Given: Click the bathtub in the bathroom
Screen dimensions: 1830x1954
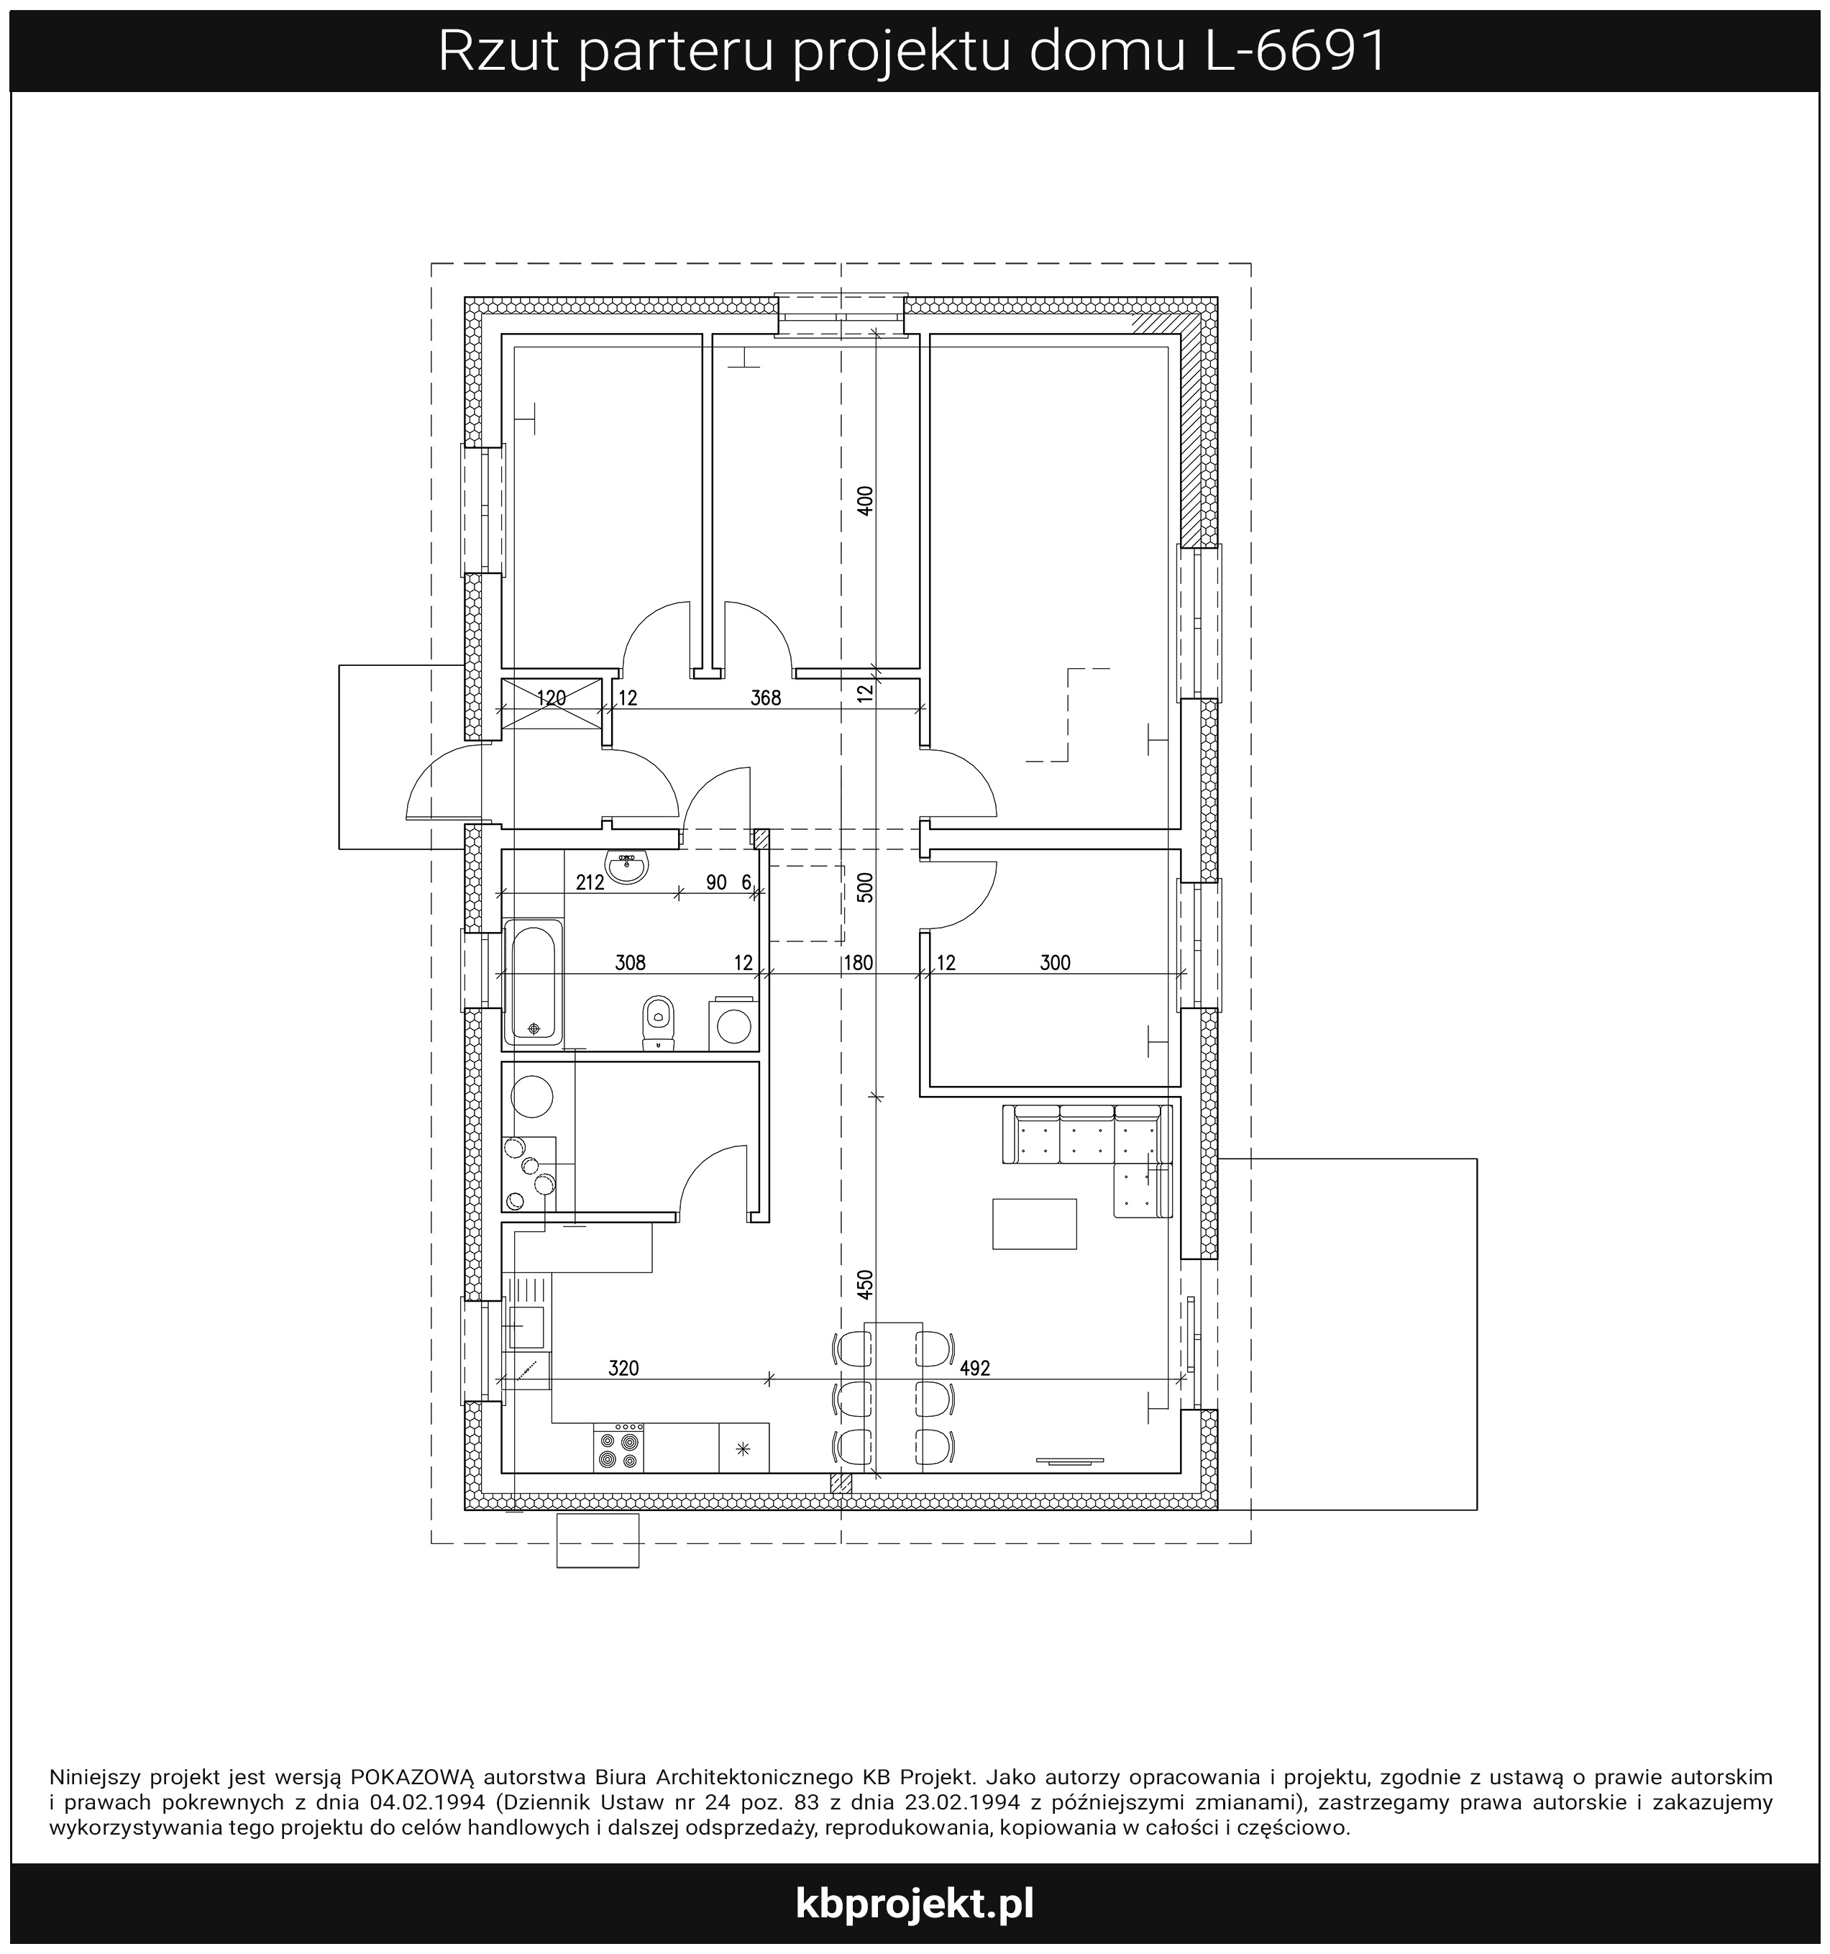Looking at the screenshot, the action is (x=534, y=982).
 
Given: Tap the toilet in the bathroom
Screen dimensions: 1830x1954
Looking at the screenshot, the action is (x=657, y=1022).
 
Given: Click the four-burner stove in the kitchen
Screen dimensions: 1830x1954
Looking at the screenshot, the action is (x=618, y=1447).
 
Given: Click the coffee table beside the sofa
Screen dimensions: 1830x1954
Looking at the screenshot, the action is (x=1034, y=1224).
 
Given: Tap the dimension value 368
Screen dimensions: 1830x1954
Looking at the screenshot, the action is (x=764, y=698).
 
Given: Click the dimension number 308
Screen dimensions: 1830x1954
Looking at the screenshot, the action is (x=630, y=963).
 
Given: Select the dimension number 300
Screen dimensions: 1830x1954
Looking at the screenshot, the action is (x=1055, y=963).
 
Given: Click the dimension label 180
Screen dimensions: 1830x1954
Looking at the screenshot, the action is (x=858, y=963).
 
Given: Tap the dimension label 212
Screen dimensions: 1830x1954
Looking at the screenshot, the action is (x=589, y=882).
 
